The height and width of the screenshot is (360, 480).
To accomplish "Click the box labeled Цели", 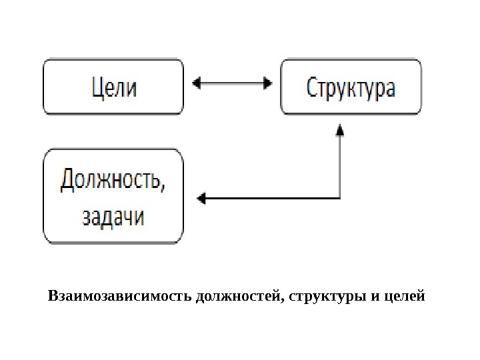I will coord(113,87).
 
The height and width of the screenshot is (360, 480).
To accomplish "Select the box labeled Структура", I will coord(351,87).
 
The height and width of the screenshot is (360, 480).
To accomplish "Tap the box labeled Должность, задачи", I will coord(113,197).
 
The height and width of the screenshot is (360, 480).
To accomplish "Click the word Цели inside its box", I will coord(113,87).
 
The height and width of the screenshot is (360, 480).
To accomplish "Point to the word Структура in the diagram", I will coord(351,88).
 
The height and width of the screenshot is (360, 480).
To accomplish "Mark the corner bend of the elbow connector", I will coord(340,198).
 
